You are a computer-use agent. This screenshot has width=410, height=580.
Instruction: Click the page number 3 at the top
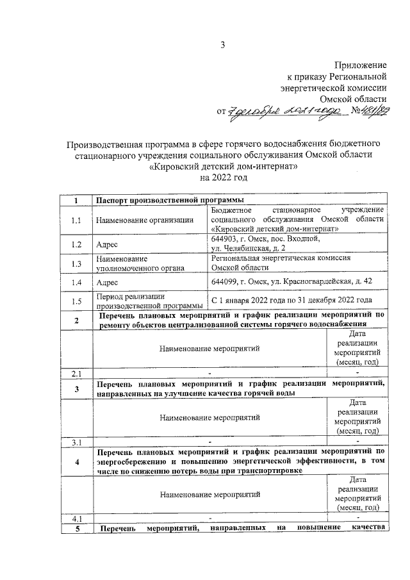tap(223, 44)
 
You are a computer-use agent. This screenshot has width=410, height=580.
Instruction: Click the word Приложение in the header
tap(361, 66)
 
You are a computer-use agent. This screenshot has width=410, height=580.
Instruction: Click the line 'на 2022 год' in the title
tap(224, 177)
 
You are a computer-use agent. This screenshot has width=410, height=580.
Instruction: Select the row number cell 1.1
tap(76, 221)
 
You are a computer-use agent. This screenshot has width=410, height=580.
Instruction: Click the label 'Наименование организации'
tap(145, 221)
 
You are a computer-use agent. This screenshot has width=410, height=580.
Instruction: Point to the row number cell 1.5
tap(76, 301)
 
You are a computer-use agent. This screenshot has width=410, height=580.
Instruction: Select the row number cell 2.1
tap(76, 373)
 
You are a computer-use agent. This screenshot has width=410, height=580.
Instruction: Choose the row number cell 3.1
tap(76, 442)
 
